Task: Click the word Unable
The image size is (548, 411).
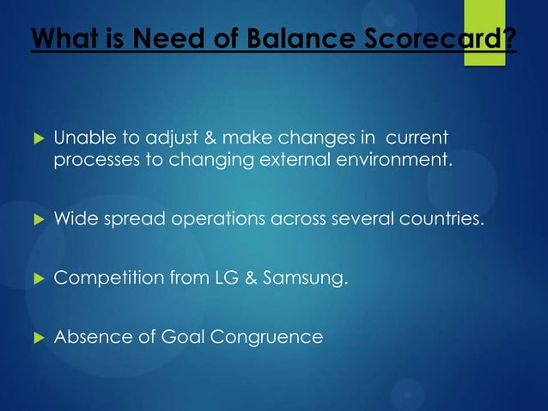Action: [x=81, y=138]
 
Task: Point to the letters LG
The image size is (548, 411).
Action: [x=232, y=278]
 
